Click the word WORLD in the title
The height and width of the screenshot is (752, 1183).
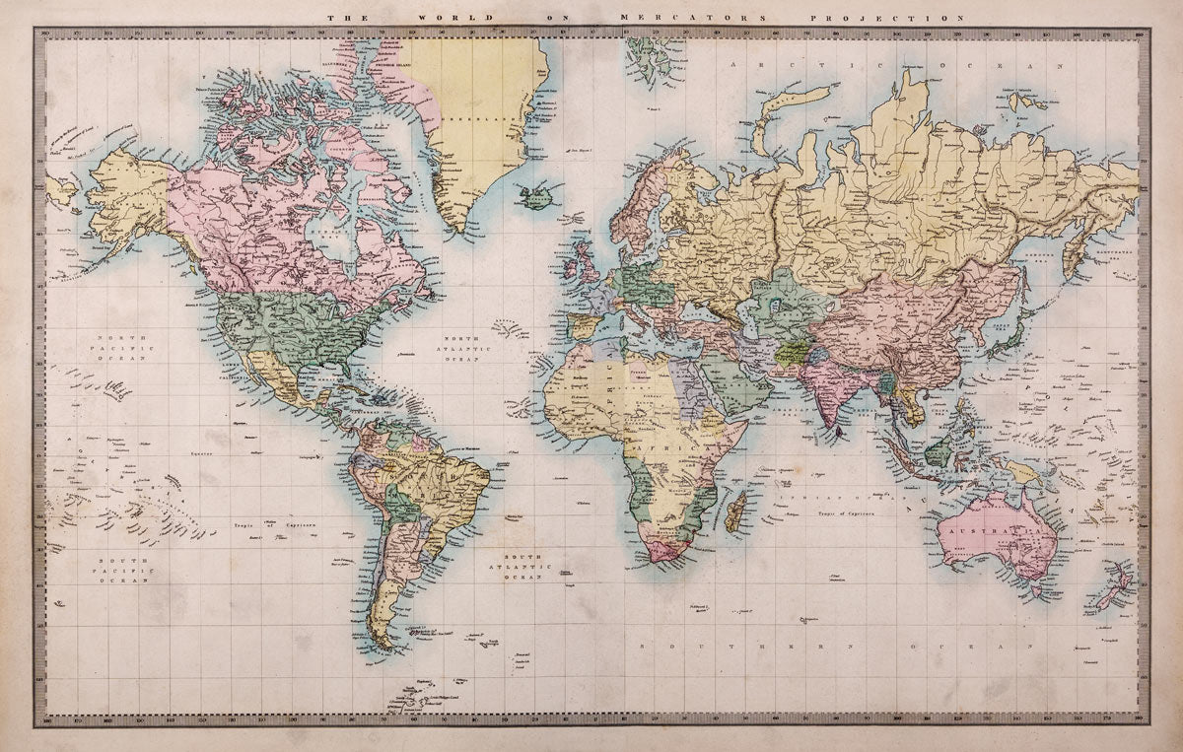pyautogui.click(x=440, y=18)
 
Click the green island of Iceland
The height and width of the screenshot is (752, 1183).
pyautogui.click(x=538, y=196)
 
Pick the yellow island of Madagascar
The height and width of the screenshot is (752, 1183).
pyautogui.click(x=735, y=513)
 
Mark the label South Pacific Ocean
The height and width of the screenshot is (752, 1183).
pyautogui.click(x=122, y=571)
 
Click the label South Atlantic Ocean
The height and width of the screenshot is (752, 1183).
pyautogui.click(x=518, y=569)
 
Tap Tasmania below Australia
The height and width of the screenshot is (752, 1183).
pyautogui.click(x=1033, y=592)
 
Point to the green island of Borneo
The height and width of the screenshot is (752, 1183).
pyautogui.click(x=939, y=451)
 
